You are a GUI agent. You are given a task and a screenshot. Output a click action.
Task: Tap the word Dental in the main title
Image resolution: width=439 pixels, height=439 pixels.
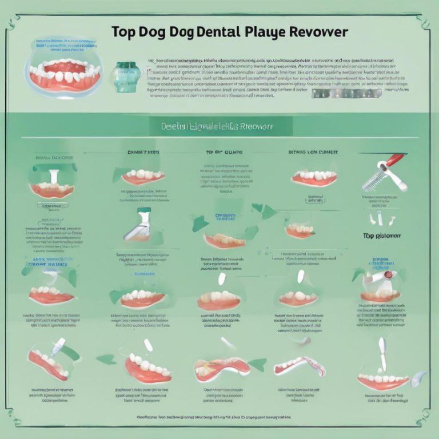(209, 32)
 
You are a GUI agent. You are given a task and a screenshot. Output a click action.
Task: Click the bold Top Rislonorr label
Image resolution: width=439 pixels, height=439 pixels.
(382, 236)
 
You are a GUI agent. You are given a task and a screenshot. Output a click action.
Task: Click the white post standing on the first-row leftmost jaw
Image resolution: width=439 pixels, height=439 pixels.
(53, 177)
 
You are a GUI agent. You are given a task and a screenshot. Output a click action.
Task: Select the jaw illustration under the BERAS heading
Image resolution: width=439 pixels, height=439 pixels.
(314, 178)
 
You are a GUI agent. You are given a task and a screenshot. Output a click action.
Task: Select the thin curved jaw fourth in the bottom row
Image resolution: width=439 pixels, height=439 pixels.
(299, 365)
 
